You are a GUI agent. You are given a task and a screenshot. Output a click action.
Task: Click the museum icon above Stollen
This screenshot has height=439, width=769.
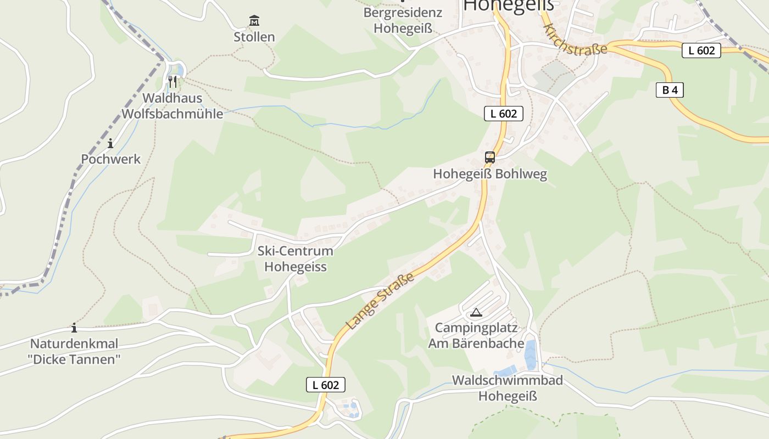254,21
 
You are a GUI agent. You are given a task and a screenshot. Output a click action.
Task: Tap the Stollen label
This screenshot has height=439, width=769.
254,37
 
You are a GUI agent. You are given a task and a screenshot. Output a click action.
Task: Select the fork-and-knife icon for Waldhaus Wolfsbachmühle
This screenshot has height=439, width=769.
172,82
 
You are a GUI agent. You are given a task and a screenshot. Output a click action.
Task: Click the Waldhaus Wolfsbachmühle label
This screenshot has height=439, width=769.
172,106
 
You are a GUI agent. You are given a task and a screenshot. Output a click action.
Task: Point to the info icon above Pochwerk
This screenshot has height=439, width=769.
110,143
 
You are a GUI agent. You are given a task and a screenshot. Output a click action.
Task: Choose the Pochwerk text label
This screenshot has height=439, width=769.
111,159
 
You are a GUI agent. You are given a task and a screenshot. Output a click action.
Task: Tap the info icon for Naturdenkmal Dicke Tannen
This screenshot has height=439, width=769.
74,328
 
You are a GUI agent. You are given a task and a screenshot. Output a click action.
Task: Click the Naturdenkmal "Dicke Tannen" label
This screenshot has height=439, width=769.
74,352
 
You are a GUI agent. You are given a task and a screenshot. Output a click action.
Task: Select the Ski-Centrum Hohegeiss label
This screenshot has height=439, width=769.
296,259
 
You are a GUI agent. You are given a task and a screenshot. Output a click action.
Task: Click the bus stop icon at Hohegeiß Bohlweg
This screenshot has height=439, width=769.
489,157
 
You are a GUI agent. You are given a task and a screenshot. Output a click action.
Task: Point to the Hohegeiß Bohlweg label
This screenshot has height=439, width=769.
490,174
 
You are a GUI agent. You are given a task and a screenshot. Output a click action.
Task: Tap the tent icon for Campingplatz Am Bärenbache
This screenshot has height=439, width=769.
476,313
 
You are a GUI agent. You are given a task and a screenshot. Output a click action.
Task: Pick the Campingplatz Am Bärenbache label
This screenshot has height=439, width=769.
480,335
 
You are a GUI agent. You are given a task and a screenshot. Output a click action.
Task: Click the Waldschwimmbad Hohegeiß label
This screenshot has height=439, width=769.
507,388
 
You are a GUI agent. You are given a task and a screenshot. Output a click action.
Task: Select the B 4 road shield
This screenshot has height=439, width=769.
670,90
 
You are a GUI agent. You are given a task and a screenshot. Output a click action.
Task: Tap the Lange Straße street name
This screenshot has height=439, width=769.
380,303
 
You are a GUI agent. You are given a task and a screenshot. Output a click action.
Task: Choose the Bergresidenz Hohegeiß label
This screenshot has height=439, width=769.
403,20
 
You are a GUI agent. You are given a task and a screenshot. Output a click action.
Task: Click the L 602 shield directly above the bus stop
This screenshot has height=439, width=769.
503,114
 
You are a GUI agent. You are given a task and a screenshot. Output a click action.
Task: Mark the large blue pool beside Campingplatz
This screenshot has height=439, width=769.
530,354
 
